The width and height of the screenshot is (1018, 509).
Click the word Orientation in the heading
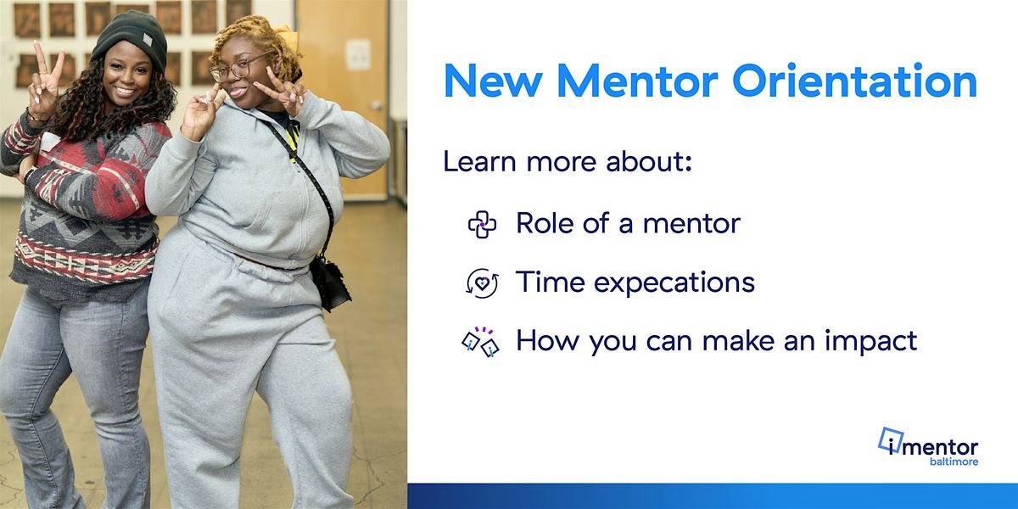coord(854,81)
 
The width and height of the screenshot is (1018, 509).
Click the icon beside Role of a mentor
coord(482,225)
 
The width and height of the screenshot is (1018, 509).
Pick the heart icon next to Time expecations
coord(482,282)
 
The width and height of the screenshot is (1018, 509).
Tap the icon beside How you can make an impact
coord(480,341)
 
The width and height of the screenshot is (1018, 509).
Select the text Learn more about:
coord(568,162)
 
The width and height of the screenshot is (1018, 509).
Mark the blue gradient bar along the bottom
coord(713,496)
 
